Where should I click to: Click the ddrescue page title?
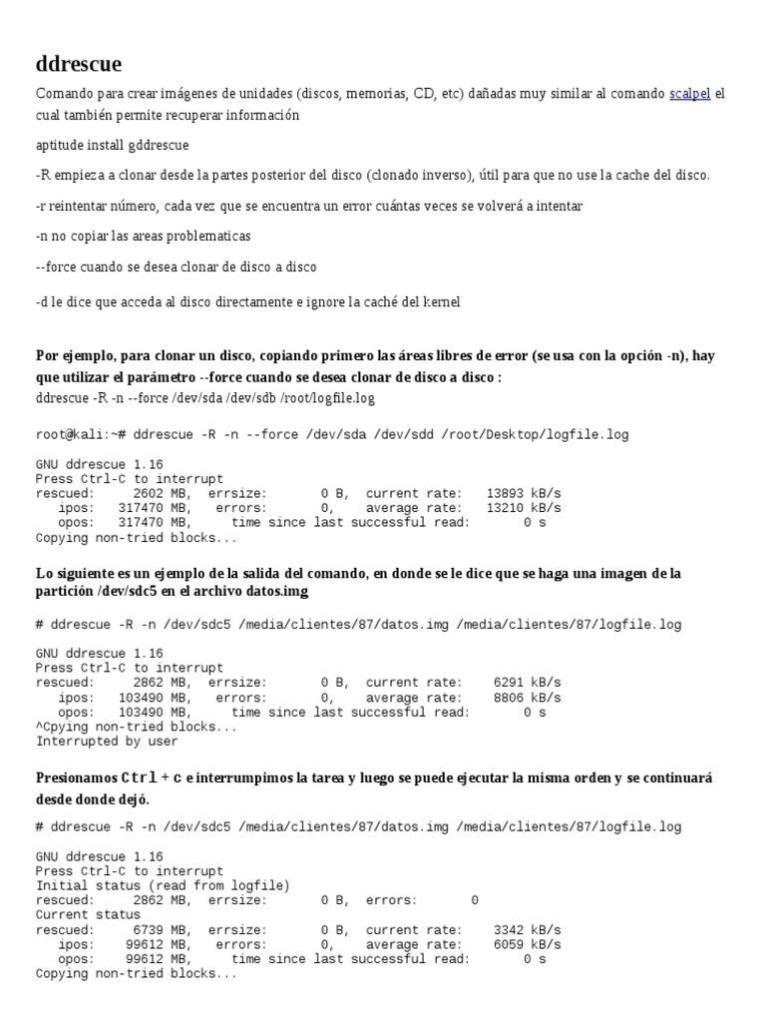[x=79, y=65]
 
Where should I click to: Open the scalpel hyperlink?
[x=689, y=94]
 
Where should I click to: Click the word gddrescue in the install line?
[x=155, y=146]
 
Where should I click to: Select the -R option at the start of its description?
[x=42, y=175]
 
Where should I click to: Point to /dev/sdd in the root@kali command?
[x=406, y=435]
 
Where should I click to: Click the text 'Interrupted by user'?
[x=107, y=742]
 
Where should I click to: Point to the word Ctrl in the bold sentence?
[x=139, y=777]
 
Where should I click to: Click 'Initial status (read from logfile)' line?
[x=163, y=885]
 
